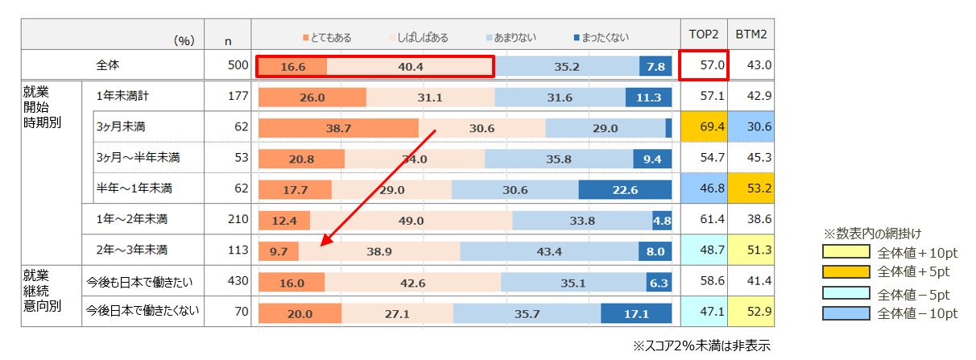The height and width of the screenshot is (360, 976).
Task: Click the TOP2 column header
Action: click(703, 34)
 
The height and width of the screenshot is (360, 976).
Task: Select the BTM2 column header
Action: click(751, 34)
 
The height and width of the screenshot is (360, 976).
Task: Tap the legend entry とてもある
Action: click(327, 38)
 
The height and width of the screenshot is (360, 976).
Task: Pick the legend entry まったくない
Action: click(602, 38)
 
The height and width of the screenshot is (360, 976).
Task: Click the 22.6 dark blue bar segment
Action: click(625, 189)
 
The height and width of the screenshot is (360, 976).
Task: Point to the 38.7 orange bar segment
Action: click(338, 128)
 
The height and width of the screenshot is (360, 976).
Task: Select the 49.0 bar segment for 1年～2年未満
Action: click(411, 220)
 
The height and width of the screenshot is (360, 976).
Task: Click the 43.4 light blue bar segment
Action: click(549, 251)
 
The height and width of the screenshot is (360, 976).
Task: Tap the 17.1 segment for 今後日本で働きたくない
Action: click(636, 313)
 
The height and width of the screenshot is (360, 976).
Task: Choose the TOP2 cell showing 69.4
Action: click(704, 126)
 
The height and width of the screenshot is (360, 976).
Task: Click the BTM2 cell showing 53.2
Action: click(751, 188)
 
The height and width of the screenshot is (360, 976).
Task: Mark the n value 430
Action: click(238, 281)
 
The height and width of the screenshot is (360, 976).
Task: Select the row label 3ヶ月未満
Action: click(121, 126)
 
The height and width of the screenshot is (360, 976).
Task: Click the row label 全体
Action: click(107, 65)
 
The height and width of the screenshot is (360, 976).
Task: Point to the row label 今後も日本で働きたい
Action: click(139, 282)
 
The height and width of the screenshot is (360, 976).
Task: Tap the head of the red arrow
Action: click(321, 246)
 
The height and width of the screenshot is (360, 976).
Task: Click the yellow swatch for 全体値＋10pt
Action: click(846, 252)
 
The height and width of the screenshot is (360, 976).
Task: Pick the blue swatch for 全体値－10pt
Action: click(846, 313)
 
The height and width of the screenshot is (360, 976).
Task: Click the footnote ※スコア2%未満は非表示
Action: click(701, 346)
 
